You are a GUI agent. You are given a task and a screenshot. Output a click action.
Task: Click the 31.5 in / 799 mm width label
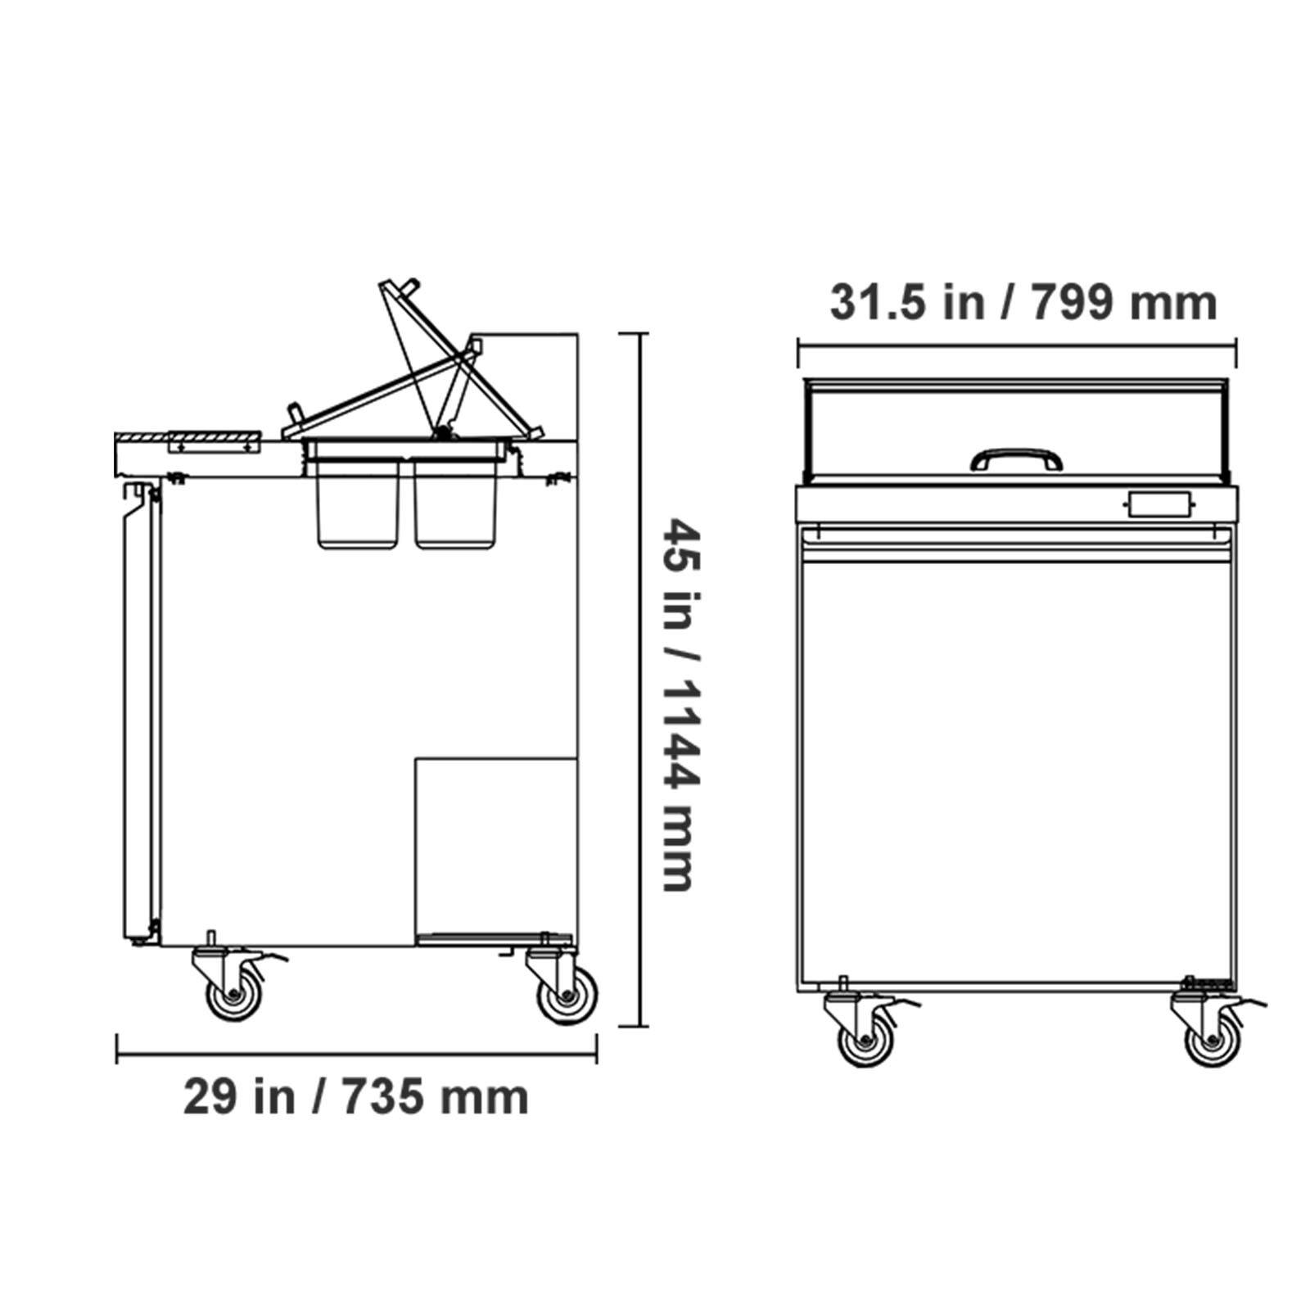1023,303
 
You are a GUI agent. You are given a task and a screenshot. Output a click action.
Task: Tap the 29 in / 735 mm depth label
356,1097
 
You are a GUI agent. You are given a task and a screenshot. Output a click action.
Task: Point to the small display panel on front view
1159,504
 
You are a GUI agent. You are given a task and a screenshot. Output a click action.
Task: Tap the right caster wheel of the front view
1213,1042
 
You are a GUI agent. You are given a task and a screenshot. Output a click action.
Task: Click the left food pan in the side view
358,504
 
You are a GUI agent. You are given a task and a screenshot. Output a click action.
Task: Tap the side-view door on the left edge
139,712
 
